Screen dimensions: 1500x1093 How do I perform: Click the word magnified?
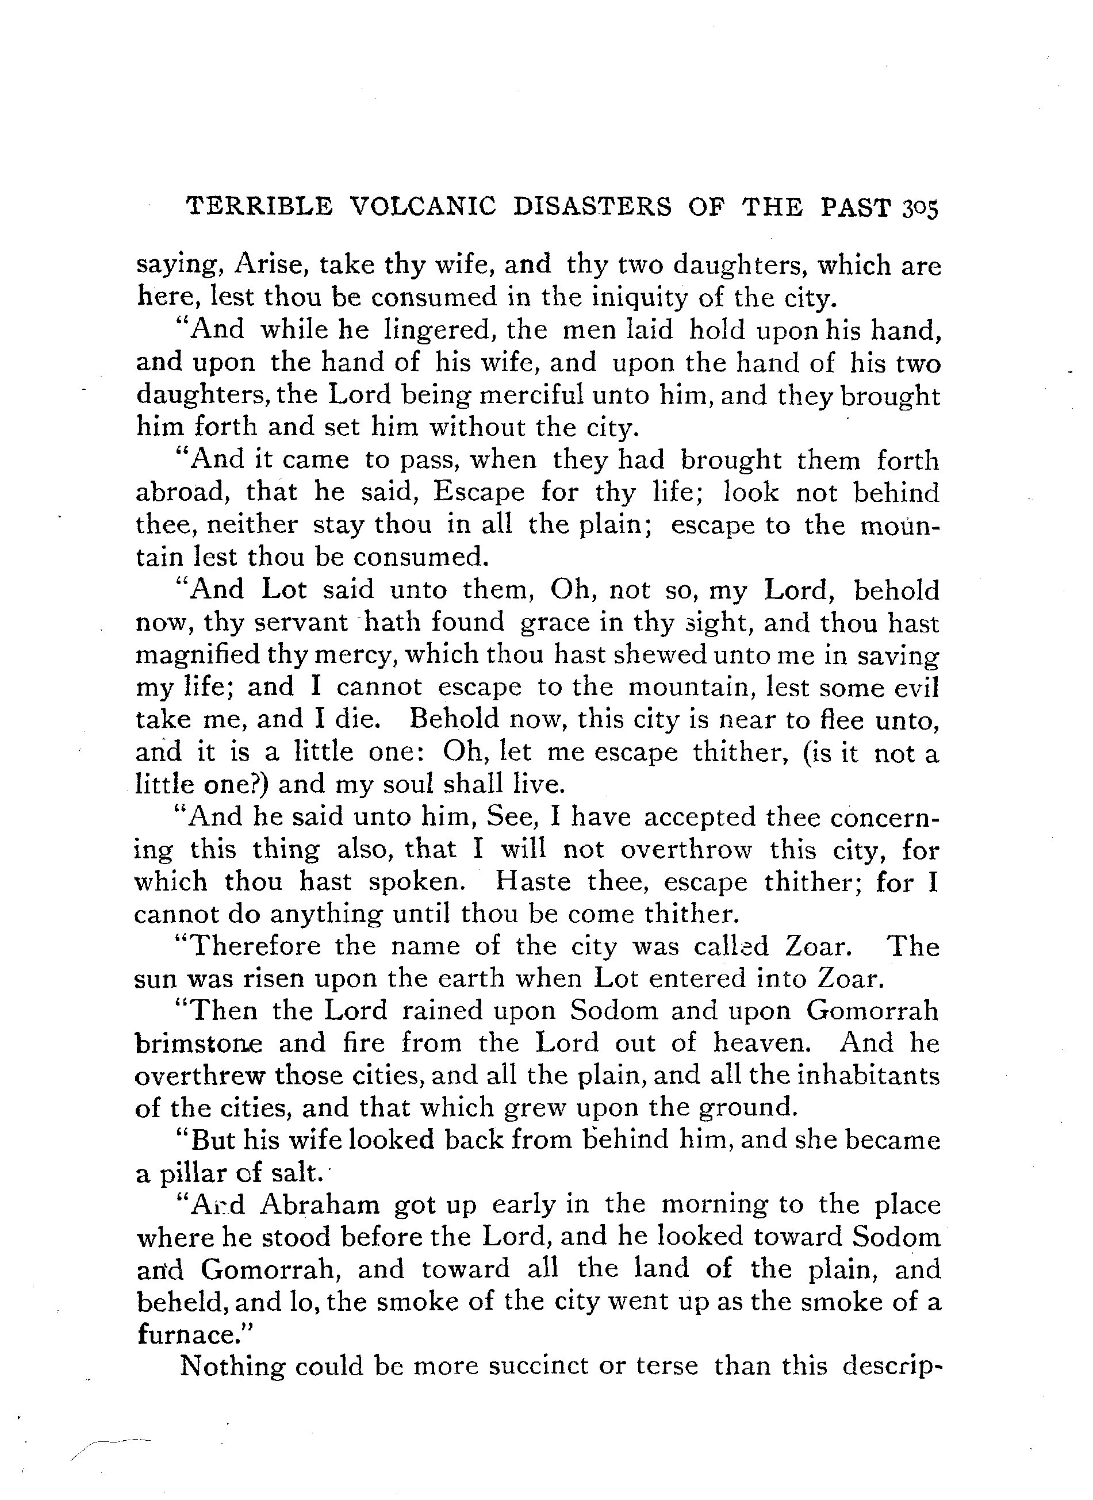click(198, 655)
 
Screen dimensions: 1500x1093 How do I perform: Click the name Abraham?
click(320, 1206)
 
